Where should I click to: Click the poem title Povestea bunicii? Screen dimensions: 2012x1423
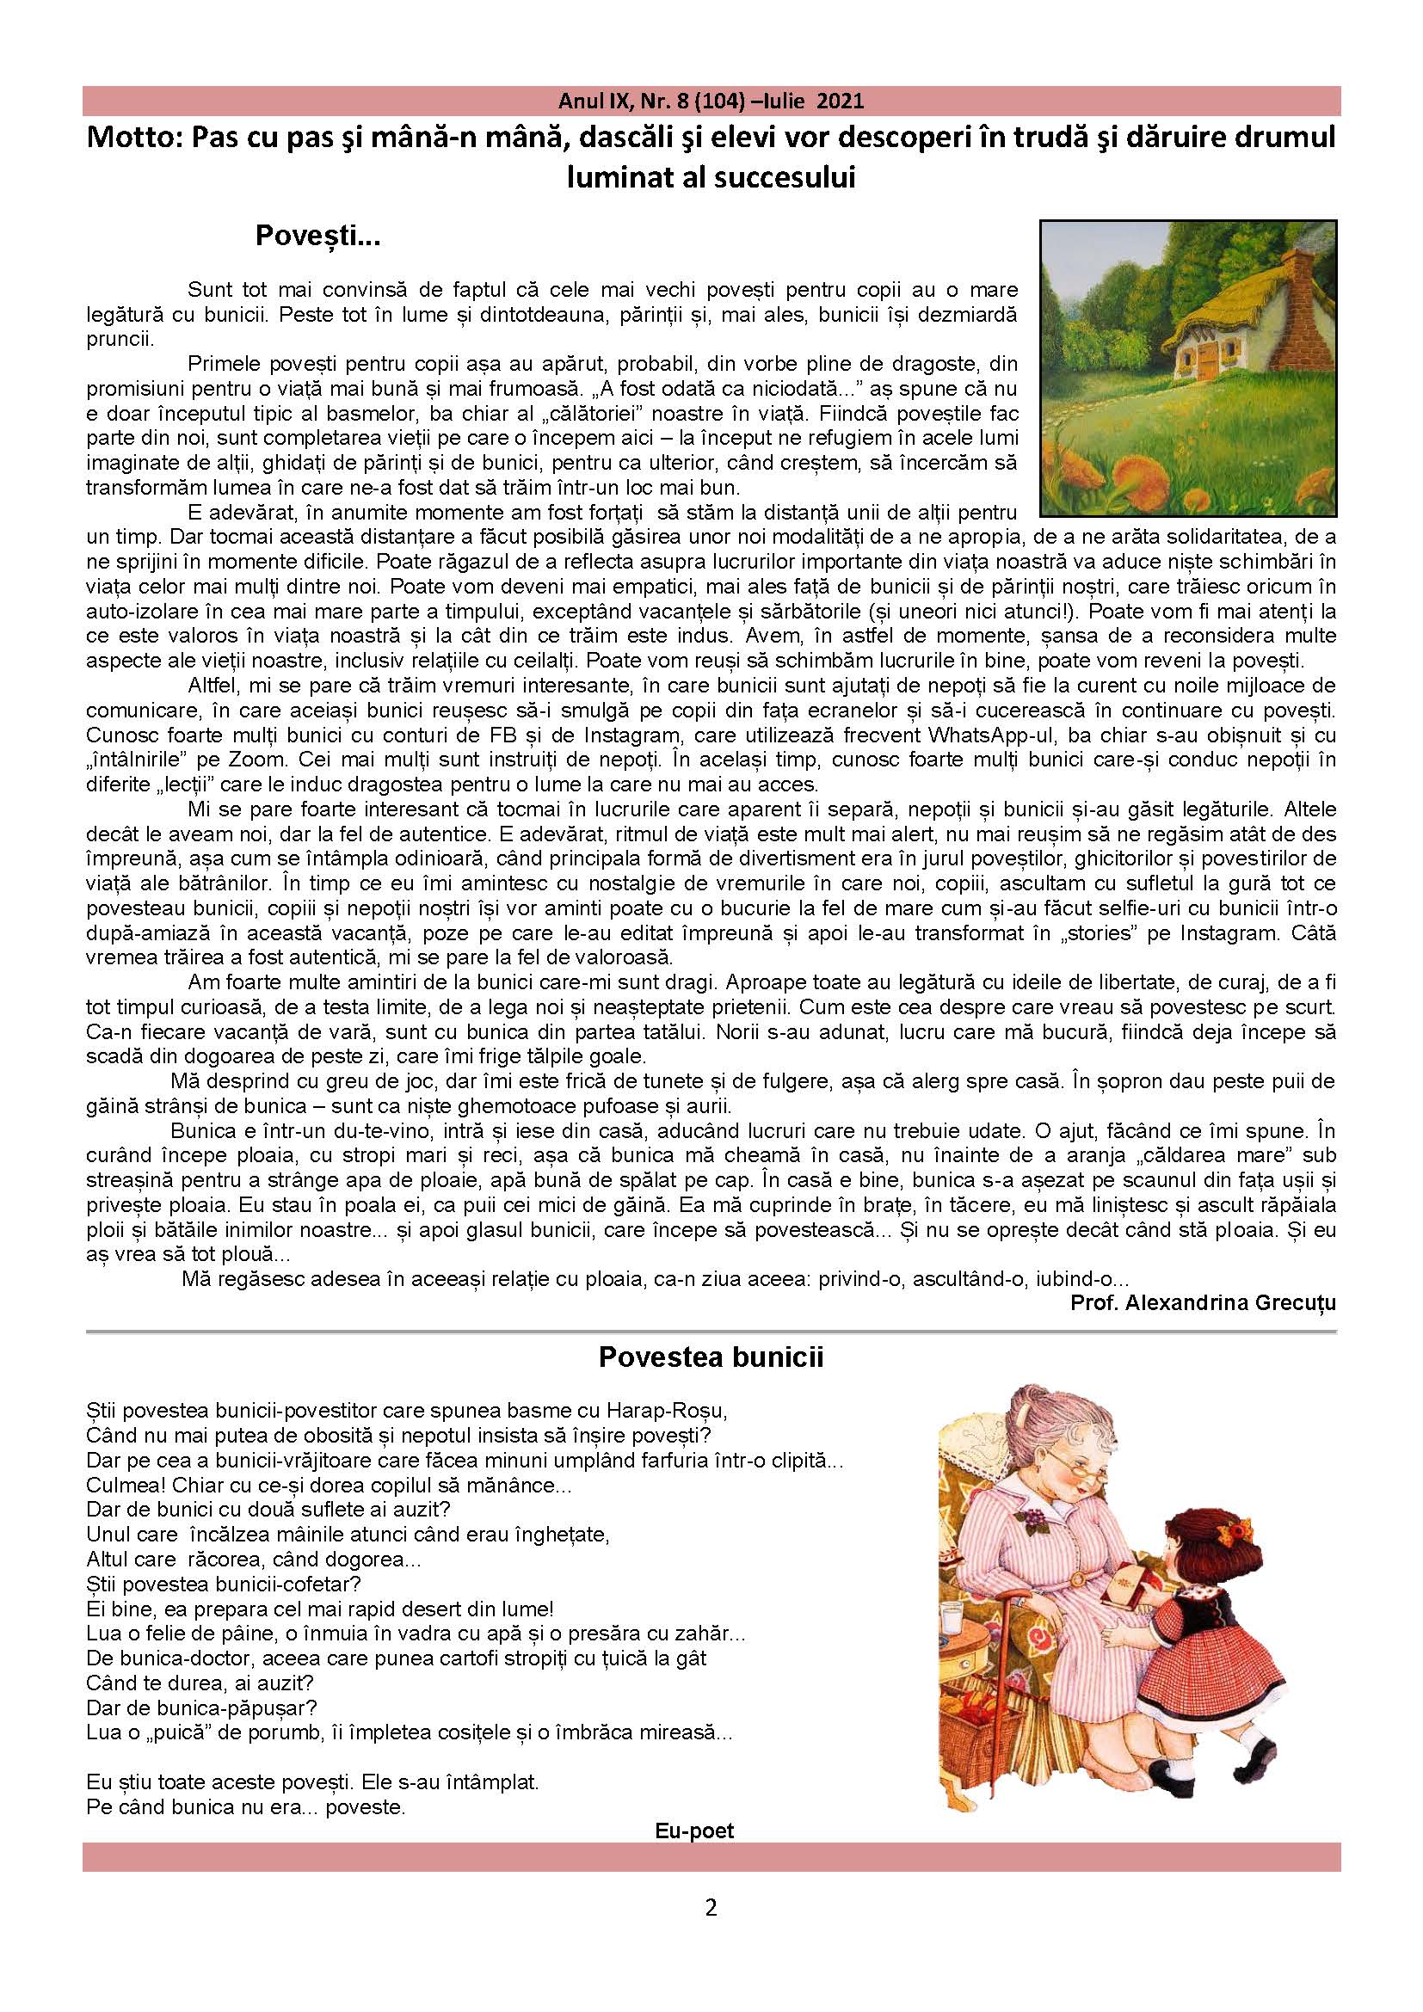point(711,1358)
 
